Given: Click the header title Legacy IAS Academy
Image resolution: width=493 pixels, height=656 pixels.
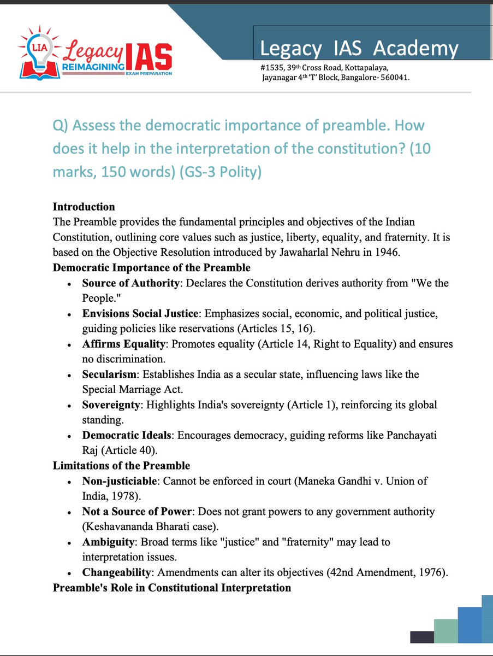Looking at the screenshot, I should pyautogui.click(x=359, y=49).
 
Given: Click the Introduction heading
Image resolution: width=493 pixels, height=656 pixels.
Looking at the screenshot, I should pyautogui.click(x=84, y=207).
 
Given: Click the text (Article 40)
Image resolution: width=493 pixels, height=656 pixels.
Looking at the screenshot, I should pyautogui.click(x=127, y=451).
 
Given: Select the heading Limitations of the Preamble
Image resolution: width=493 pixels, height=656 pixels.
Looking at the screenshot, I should pyautogui.click(x=121, y=466).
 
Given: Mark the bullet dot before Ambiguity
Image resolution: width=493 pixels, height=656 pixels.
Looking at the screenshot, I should pyautogui.click(x=69, y=543).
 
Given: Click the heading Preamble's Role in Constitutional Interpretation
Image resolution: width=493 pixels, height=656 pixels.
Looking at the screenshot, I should pyautogui.click(x=171, y=588).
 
